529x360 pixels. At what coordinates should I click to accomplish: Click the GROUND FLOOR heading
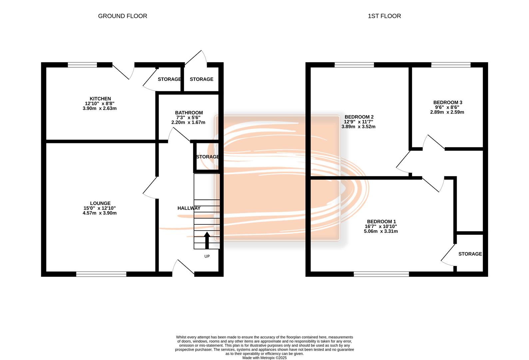coord(123,16)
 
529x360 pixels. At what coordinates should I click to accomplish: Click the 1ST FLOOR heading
coord(384,16)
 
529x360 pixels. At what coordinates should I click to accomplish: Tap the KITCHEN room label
coord(100,99)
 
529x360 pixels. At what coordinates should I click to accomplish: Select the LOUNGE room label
coord(100,203)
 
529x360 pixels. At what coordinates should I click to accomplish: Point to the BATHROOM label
coord(189,113)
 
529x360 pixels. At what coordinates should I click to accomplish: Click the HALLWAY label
coord(189,208)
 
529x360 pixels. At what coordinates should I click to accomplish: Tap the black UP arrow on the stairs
coord(207,240)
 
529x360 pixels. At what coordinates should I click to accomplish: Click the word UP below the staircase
coord(207,256)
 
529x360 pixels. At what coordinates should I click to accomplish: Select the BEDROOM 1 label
coord(381,222)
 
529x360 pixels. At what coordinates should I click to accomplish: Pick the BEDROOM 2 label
coord(359,117)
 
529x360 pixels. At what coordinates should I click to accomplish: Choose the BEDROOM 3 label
coord(448,103)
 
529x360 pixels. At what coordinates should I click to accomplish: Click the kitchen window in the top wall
coord(82,65)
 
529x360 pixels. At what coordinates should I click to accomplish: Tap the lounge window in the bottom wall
coord(101,274)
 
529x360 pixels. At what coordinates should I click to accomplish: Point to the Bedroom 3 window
coord(451,65)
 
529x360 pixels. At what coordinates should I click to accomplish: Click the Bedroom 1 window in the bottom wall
coord(381,274)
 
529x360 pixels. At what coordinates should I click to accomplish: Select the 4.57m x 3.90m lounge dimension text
coord(100,213)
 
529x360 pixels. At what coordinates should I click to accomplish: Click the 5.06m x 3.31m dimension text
coord(381,231)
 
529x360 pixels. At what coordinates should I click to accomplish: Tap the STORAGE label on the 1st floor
coord(470,254)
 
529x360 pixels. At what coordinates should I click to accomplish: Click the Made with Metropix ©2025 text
coord(264,358)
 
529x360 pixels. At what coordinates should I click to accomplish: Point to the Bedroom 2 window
coord(354,65)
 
